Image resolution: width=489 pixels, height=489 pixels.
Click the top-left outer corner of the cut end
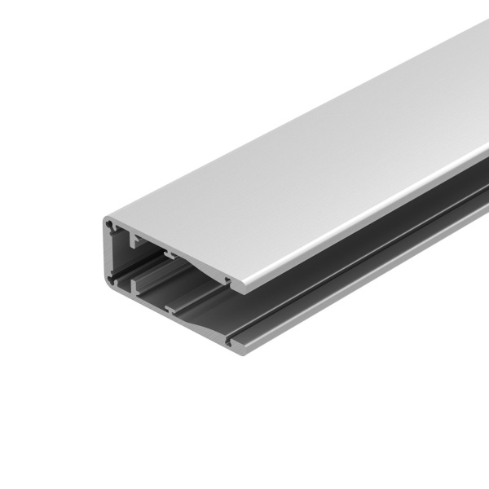(x=106, y=218)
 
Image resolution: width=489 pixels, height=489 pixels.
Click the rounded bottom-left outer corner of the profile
(x=108, y=282)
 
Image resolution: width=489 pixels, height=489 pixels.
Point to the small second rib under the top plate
(x=170, y=254)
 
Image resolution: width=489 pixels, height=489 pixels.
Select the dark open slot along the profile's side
(x=367, y=236)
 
